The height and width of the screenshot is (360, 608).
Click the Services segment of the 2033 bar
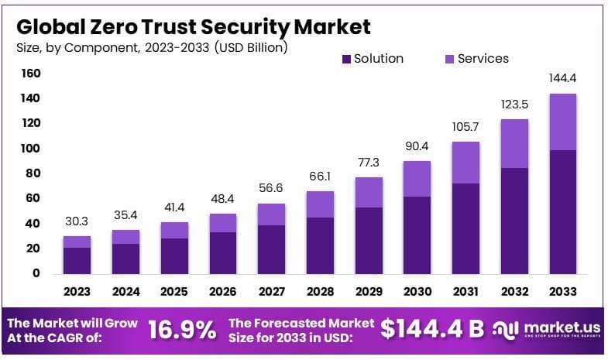pos(562,122)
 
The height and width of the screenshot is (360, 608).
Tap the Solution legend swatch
pos(345,59)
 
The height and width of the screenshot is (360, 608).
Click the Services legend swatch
pos(449,59)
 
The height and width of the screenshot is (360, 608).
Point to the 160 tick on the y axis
pos(30,74)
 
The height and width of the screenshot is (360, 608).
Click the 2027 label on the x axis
pos(271,292)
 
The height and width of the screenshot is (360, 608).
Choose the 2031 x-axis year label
pos(465,292)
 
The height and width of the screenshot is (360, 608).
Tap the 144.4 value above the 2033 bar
pos(562,79)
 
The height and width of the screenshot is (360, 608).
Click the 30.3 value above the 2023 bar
pos(77,221)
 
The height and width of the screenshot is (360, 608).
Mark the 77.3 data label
pos(368,162)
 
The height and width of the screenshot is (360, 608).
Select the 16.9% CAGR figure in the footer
pos(181,331)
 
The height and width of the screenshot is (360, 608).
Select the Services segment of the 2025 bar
pos(173,230)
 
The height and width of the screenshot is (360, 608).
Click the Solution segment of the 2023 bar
pos(77,260)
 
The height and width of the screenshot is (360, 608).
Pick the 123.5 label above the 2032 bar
pos(514,105)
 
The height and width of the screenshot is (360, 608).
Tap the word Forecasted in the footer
pos(291,322)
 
